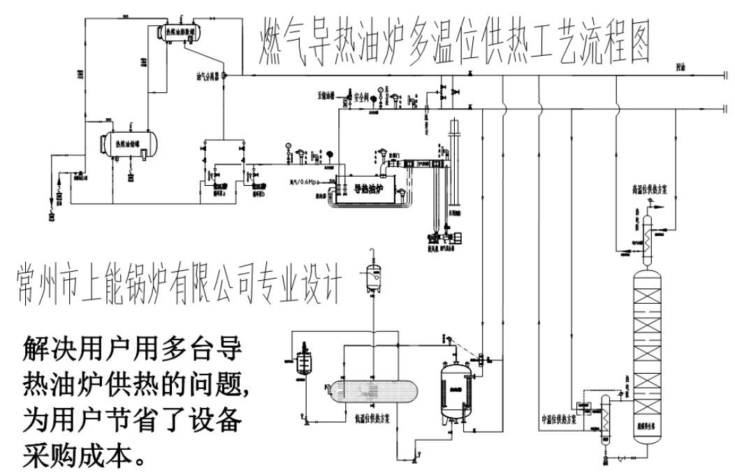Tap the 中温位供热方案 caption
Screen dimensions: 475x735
click(559, 418)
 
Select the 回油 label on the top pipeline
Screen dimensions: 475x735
click(681, 68)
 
